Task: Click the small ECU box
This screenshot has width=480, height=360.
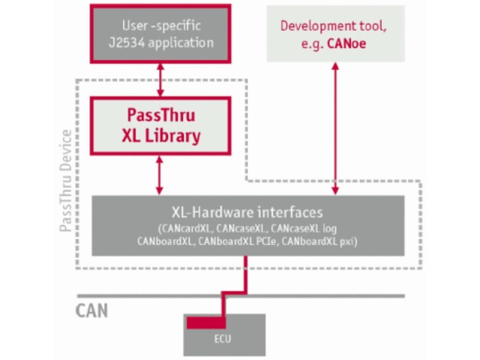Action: (225, 334)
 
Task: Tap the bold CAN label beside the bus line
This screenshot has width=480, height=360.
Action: (92, 309)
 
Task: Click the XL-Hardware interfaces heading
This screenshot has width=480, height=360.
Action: (247, 212)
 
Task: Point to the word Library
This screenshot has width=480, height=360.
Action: (174, 136)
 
